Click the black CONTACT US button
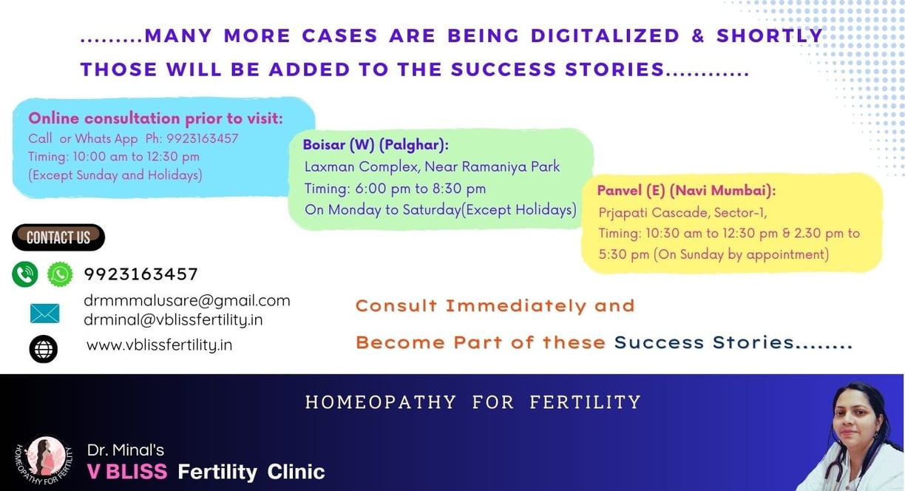pyautogui.click(x=58, y=237)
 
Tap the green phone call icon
pyautogui.click(x=25, y=274)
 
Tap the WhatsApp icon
pyautogui.click(x=60, y=274)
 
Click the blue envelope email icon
pyautogui.click(x=45, y=314)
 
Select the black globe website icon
pyautogui.click(x=43, y=349)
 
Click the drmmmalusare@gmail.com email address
pyautogui.click(x=187, y=301)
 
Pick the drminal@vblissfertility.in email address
pyautogui.click(x=173, y=319)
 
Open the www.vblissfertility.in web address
pyautogui.click(x=159, y=345)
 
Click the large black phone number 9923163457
pyautogui.click(x=141, y=274)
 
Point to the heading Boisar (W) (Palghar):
pyautogui.click(x=376, y=145)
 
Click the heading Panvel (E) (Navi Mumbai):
pyautogui.click(x=686, y=190)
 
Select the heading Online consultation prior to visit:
pyautogui.click(x=155, y=118)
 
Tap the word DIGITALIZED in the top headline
pyautogui.click(x=606, y=35)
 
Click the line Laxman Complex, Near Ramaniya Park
pyautogui.click(x=432, y=166)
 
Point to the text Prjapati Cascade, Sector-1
pyautogui.click(x=682, y=212)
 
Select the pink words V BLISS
pyautogui.click(x=127, y=471)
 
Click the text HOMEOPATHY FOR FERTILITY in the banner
pyautogui.click(x=473, y=402)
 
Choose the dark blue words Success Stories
pyautogui.click(x=705, y=342)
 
